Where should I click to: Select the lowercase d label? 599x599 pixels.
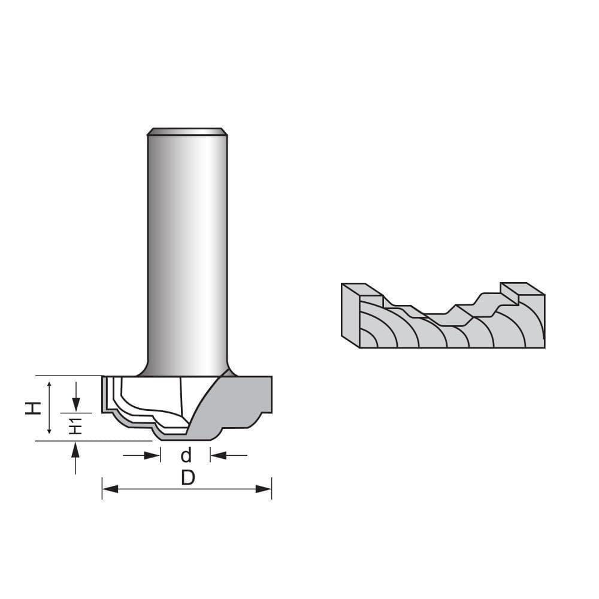tap(186, 456)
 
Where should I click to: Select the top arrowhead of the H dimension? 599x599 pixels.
tap(50, 383)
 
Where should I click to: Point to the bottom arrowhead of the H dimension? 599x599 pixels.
tap(50, 432)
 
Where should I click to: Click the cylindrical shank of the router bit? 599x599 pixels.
tap(187, 252)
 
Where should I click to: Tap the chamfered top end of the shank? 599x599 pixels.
tap(187, 131)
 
